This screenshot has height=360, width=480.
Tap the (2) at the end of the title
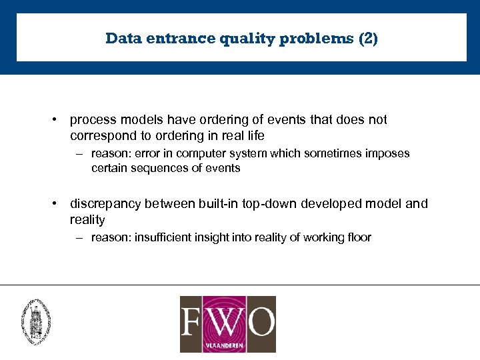[x=368, y=39]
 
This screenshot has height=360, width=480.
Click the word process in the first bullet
[x=93, y=120]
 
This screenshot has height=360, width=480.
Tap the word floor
[x=358, y=237]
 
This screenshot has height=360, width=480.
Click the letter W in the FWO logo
[x=228, y=321]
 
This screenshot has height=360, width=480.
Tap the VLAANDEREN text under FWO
[x=227, y=346]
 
